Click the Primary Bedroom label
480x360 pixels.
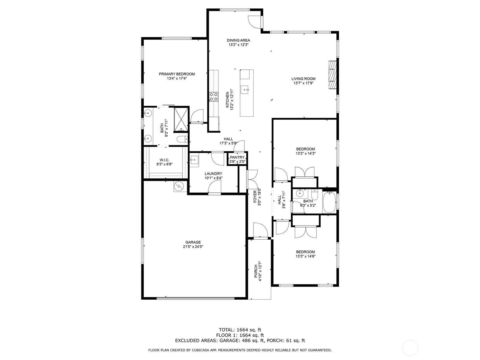[177, 74]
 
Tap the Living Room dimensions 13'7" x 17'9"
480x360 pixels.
[303, 83]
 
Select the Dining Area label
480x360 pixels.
[238, 40]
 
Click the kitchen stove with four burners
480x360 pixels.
[213, 97]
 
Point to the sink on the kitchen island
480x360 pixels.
[244, 90]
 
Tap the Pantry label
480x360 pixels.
[237, 157]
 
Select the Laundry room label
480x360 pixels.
[213, 174]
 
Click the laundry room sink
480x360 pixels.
[194, 161]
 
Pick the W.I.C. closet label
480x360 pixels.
[164, 160]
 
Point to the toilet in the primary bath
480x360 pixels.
[182, 139]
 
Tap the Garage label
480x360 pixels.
[193, 242]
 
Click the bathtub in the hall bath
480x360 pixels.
[329, 202]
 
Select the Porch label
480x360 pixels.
[256, 271]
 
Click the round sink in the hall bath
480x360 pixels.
[299, 193]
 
